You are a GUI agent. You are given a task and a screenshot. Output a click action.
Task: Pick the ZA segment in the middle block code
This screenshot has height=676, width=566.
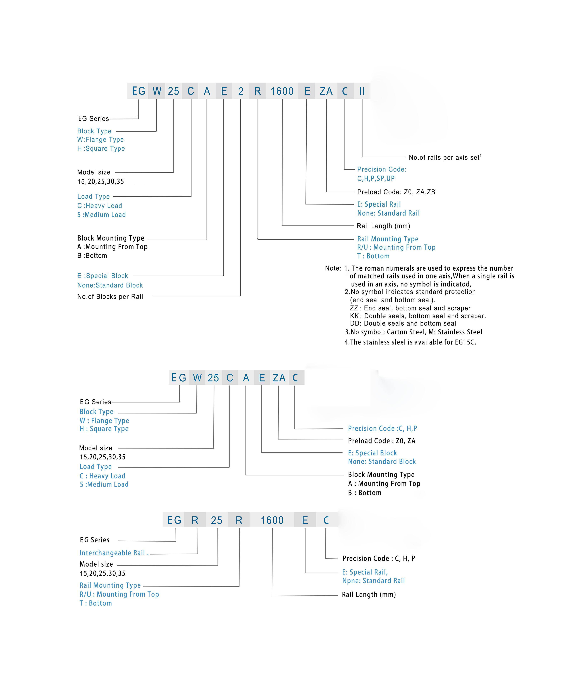click(x=279, y=378)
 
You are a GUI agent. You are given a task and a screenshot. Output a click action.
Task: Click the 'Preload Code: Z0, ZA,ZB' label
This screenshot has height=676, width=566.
click(x=396, y=192)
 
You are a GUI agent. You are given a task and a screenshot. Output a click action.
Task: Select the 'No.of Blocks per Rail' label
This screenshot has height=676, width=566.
click(x=110, y=297)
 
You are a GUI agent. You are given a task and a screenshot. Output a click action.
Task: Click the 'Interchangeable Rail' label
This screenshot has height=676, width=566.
click(x=112, y=553)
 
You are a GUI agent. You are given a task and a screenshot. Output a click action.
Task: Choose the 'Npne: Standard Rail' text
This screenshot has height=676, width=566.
click(x=373, y=581)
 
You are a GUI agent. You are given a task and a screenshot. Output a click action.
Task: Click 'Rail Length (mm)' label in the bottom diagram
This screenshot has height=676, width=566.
click(x=369, y=595)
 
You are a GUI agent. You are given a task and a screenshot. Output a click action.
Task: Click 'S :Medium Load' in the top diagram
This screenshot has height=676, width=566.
click(x=101, y=215)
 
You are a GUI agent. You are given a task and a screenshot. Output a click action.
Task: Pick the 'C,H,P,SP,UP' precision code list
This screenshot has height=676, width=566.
click(x=376, y=178)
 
